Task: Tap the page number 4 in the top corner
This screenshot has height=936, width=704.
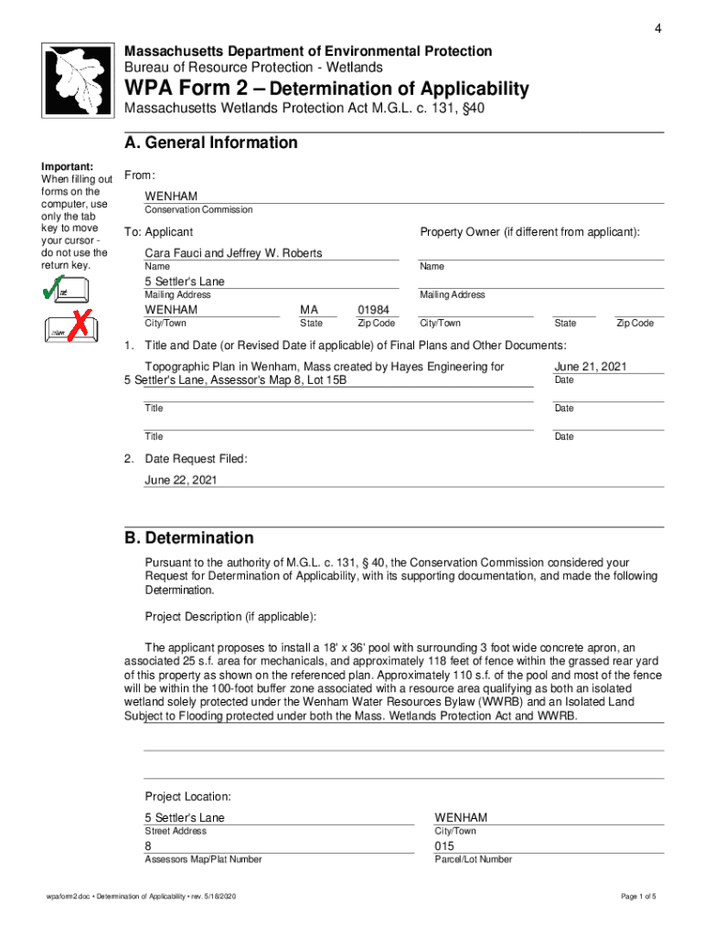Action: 656,29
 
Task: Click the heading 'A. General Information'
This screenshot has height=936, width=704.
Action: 211,143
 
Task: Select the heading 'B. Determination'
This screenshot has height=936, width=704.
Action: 189,538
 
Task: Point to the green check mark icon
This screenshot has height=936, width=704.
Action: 54,290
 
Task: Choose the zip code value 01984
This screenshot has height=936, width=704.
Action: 373,310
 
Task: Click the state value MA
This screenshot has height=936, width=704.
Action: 309,310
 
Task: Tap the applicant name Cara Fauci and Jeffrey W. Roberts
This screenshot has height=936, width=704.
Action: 233,252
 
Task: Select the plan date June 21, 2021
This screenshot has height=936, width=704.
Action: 591,367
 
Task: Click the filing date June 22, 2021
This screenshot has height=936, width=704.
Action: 181,480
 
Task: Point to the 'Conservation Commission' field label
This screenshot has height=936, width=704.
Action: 198,210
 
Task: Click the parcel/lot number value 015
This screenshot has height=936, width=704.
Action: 444,846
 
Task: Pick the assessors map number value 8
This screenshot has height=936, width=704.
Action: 149,846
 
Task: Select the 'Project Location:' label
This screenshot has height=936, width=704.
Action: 187,796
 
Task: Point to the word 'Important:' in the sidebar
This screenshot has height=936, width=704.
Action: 67,166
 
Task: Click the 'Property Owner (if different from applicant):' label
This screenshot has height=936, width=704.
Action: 529,232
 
